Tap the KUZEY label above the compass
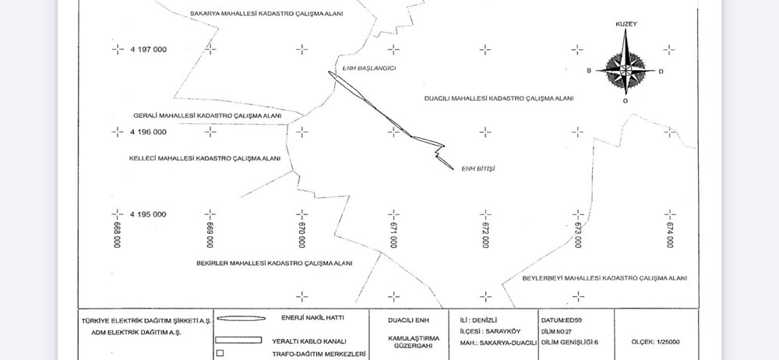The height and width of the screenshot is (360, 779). click(626, 24)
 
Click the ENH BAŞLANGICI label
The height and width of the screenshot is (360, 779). click(369, 68)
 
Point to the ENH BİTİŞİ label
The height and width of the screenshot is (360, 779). click(478, 168)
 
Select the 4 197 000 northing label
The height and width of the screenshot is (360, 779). click(149, 49)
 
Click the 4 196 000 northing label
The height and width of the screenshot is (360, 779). click(149, 132)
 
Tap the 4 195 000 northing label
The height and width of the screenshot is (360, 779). click(149, 214)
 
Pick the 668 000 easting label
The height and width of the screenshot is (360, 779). click(118, 235)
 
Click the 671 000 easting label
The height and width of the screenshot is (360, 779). click(393, 235)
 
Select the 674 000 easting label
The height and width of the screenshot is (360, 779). click(670, 235)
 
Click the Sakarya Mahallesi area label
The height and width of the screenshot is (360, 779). click(266, 14)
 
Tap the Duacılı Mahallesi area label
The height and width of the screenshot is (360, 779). click(499, 98)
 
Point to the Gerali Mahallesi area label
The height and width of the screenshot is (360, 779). click(207, 116)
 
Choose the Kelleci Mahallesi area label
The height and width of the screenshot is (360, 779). click(205, 159)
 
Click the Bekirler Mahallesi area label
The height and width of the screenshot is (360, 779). click(274, 263)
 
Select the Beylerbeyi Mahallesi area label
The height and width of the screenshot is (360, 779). click(605, 278)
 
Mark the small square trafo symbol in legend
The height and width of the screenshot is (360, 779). click(220, 354)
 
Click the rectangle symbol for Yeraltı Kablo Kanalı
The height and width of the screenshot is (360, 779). click(238, 340)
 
